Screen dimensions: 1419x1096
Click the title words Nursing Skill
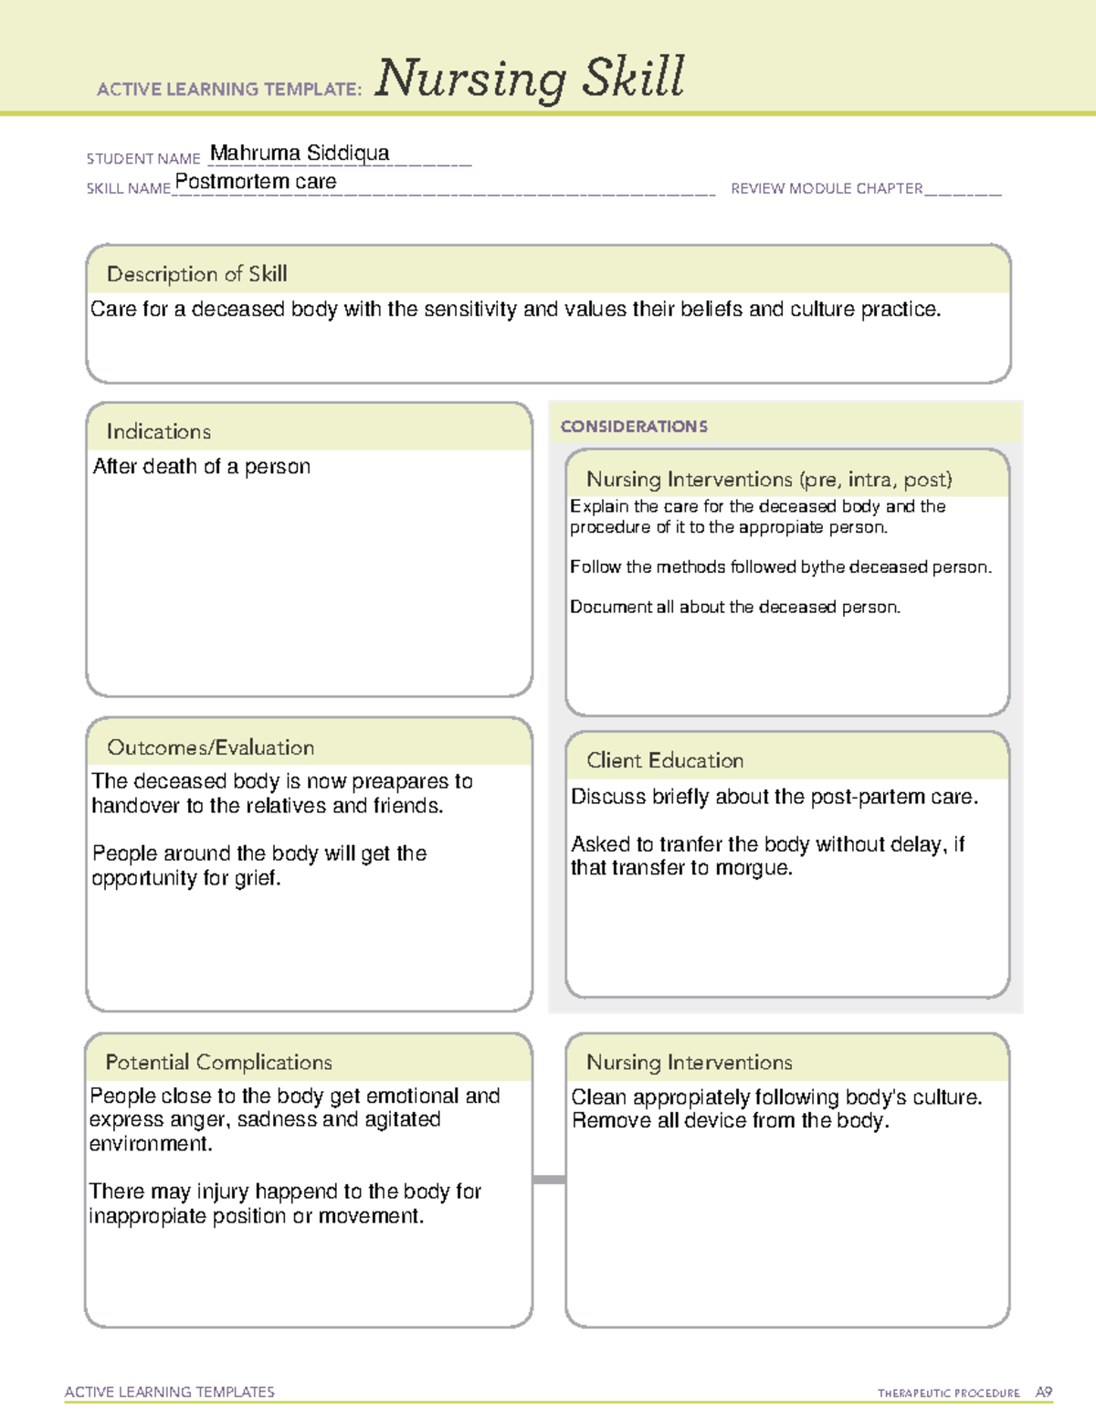(x=530, y=79)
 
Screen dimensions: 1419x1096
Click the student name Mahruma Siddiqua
(x=300, y=153)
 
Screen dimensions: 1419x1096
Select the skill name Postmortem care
(x=256, y=182)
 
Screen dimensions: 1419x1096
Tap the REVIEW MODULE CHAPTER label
(x=827, y=188)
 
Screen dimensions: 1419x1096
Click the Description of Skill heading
(x=196, y=274)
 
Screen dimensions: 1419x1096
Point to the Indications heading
(x=158, y=431)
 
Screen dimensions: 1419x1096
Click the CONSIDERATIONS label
(x=634, y=427)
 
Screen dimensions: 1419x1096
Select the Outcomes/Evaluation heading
(x=210, y=747)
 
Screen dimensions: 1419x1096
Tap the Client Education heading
(x=665, y=760)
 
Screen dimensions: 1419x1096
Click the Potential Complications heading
(x=218, y=1062)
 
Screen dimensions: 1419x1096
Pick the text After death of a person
(x=202, y=467)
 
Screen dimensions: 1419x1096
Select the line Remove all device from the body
(x=730, y=1121)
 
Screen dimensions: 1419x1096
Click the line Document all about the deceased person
(x=735, y=607)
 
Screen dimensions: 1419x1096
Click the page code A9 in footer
(x=1043, y=1393)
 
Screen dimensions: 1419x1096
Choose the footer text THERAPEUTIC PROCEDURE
(x=948, y=1393)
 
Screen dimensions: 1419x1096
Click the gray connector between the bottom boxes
(x=549, y=1180)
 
